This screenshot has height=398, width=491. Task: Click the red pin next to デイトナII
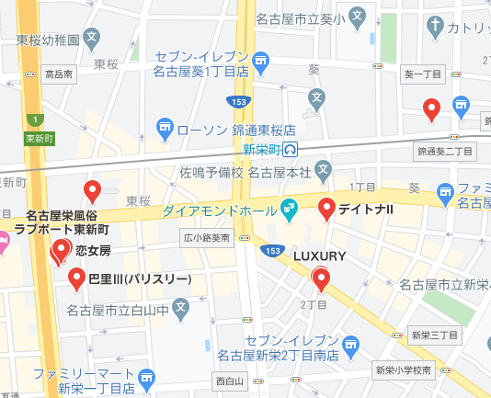[x=326, y=210]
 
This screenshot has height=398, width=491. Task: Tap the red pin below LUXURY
[x=321, y=278]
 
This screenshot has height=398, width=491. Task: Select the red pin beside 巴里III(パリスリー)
[x=77, y=278]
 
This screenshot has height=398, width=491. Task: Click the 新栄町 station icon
[x=291, y=148]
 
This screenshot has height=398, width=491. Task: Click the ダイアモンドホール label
[x=218, y=210]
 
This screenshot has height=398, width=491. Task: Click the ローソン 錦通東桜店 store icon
[x=166, y=126]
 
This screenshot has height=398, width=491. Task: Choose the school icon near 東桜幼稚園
[x=90, y=40]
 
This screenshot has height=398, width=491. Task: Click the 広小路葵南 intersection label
[x=207, y=237]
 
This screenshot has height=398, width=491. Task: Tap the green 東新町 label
[x=39, y=139]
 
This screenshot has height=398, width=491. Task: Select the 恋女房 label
[x=93, y=250]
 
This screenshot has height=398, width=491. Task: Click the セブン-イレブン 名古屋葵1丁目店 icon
[x=261, y=63]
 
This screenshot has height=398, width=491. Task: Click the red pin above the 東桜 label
[x=92, y=191]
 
